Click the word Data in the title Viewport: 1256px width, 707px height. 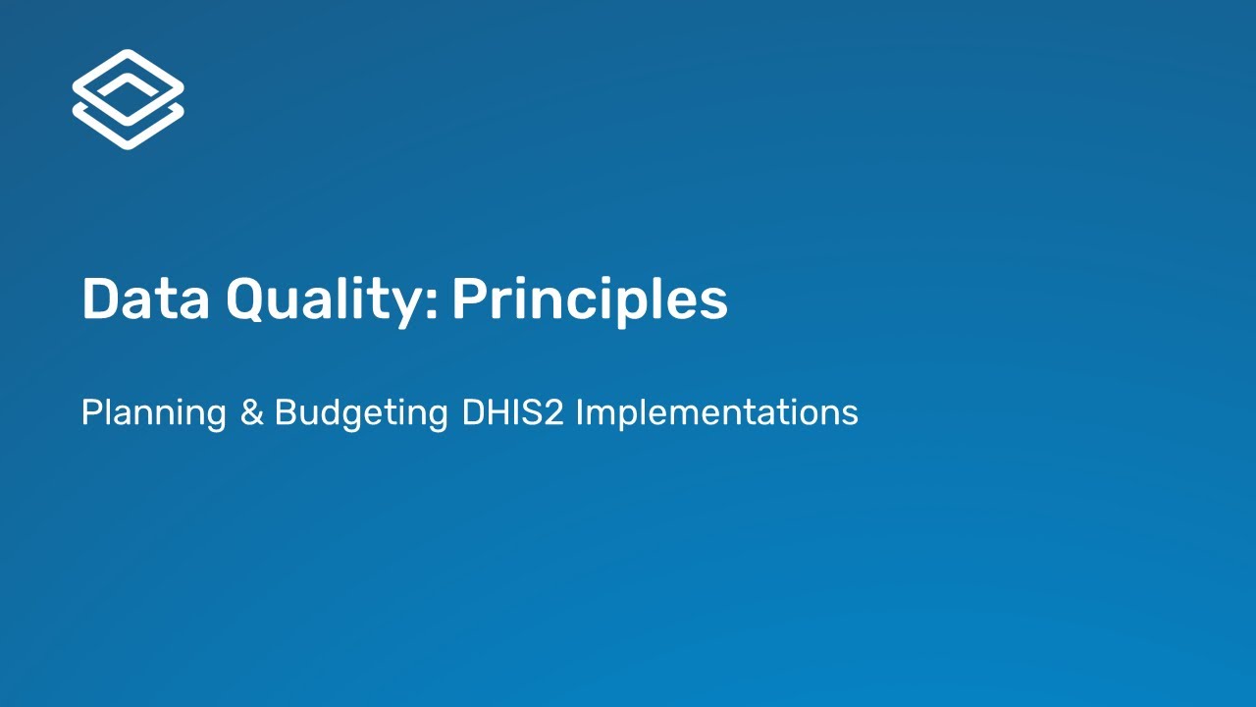pyautogui.click(x=145, y=299)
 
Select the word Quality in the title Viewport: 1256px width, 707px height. pyautogui.click(x=329, y=299)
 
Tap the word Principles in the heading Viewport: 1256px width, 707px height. pyautogui.click(x=589, y=299)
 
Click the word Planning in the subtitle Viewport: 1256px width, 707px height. pyautogui.click(x=154, y=412)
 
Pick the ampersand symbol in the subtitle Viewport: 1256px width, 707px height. pyautogui.click(x=251, y=412)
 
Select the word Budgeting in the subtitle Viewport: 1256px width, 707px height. pyautogui.click(x=361, y=412)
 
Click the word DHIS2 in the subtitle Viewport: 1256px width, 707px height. pyautogui.click(x=511, y=412)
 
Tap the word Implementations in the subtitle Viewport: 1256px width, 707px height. pyautogui.click(x=716, y=412)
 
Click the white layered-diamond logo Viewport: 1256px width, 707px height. pyautogui.click(x=128, y=99)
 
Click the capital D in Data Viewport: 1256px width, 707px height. pyautogui.click(x=100, y=299)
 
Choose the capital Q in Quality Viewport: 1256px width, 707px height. pyautogui.click(x=248, y=299)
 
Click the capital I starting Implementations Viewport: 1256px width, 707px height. pyautogui.click(x=580, y=412)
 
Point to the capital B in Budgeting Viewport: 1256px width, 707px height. pyautogui.click(x=285, y=412)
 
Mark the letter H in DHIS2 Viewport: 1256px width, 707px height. pyautogui.click(x=498, y=412)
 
